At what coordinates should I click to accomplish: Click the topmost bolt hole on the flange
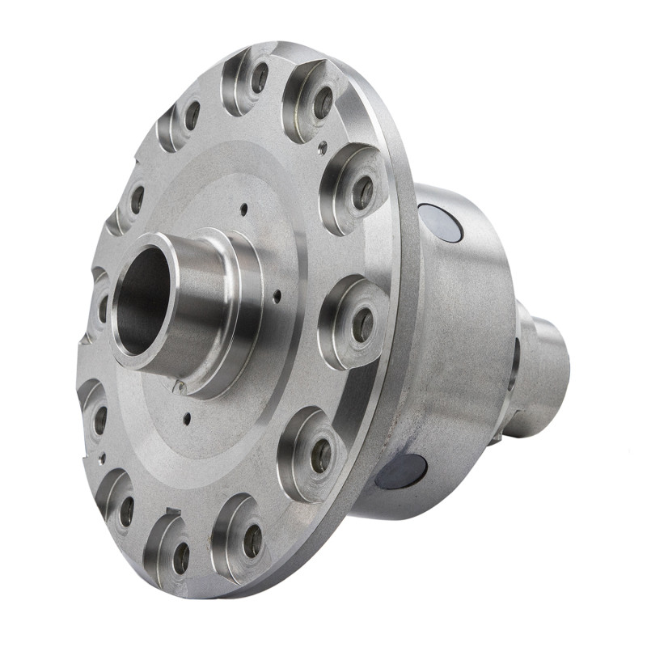tap(260, 78)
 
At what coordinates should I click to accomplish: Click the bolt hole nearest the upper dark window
tap(363, 192)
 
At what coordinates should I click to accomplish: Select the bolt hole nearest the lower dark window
tap(321, 455)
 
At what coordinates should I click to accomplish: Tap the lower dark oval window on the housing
tap(402, 471)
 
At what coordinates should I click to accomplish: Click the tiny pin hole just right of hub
tap(277, 296)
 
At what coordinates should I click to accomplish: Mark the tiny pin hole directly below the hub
tap(187, 419)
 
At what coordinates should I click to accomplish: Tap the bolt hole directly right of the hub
tap(362, 324)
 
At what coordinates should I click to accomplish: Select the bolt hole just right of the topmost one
tap(322, 102)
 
